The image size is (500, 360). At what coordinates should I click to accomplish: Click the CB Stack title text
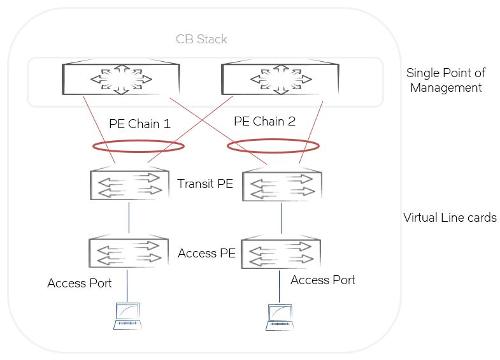click(x=201, y=40)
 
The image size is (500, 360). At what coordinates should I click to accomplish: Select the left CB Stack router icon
click(x=120, y=80)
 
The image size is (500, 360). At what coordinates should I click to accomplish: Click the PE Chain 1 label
click(x=139, y=124)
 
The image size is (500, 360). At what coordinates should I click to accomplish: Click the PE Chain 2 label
click(x=264, y=121)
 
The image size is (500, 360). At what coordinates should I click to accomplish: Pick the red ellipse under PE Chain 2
click(x=272, y=147)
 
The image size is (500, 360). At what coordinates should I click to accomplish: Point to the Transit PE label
click(x=205, y=185)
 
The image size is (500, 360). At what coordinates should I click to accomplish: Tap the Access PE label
click(x=206, y=254)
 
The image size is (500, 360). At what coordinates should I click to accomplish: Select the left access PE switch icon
click(x=129, y=252)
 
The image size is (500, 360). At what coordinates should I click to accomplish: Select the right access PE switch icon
click(x=282, y=253)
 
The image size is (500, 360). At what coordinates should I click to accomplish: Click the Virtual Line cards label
click(x=450, y=218)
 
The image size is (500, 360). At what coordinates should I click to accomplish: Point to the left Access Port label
click(x=80, y=283)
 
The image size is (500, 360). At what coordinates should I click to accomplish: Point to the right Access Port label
click(x=322, y=280)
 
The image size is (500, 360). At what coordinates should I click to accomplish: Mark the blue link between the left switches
click(x=129, y=219)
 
